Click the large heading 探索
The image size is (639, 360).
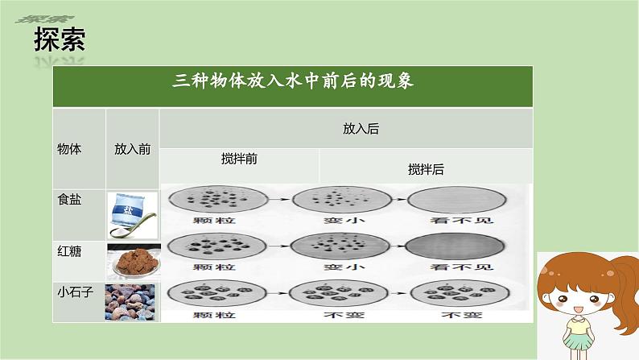click(60, 39)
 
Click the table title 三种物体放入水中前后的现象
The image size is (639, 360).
click(293, 81)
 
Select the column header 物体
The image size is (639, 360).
click(69, 149)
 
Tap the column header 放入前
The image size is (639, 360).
click(133, 149)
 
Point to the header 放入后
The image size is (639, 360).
click(361, 129)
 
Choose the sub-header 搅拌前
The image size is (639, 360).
click(239, 159)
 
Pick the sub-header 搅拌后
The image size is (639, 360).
click(426, 169)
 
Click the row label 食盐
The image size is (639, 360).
click(69, 200)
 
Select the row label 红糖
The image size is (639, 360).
click(69, 251)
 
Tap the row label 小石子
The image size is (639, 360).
click(76, 292)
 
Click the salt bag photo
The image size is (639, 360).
click(133, 215)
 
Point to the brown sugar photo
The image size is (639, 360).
click(134, 262)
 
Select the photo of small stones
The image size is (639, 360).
click(130, 302)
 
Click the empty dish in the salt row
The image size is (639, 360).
click(457, 200)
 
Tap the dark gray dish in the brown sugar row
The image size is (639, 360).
click(455, 246)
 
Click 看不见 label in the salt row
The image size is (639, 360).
click(461, 221)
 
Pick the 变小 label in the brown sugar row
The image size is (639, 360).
click(344, 267)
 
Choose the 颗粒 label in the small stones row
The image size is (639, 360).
click(214, 315)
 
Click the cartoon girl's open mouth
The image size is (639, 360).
click(578, 310)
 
